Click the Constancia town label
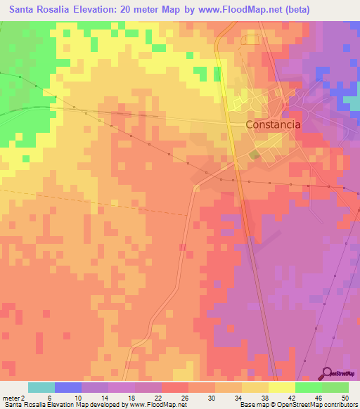click(274, 124)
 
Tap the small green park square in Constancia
click(254, 155)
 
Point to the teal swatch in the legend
click(41, 387)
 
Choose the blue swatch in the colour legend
click(68, 387)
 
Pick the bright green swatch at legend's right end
click(335, 387)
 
